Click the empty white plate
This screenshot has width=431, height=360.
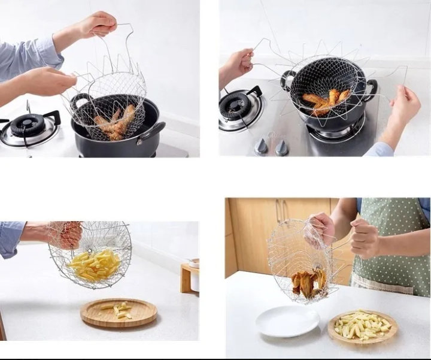tap(287, 322)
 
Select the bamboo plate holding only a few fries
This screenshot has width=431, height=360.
tap(119, 313)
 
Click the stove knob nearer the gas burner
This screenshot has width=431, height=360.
tap(261, 146)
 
